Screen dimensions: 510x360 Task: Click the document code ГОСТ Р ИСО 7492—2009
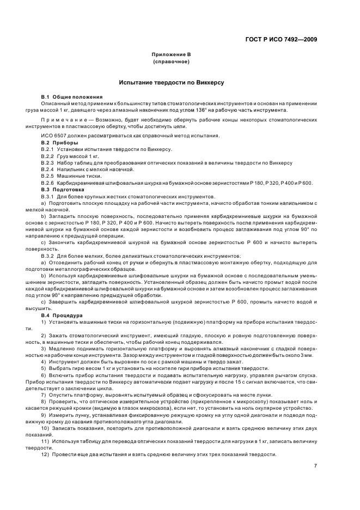click(281, 39)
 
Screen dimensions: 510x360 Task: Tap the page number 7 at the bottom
click(315, 465)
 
